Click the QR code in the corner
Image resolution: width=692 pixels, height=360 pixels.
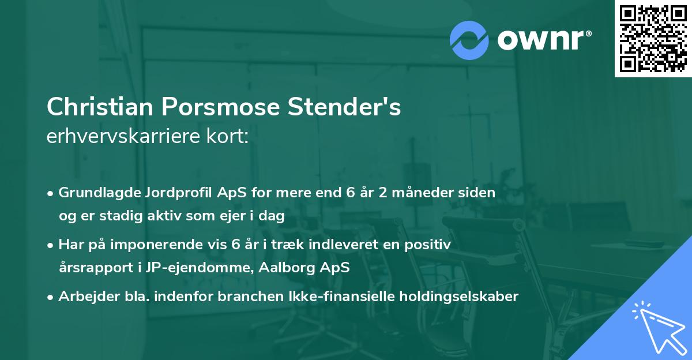[x=653, y=38]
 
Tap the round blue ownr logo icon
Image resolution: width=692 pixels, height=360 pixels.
[x=469, y=39]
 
